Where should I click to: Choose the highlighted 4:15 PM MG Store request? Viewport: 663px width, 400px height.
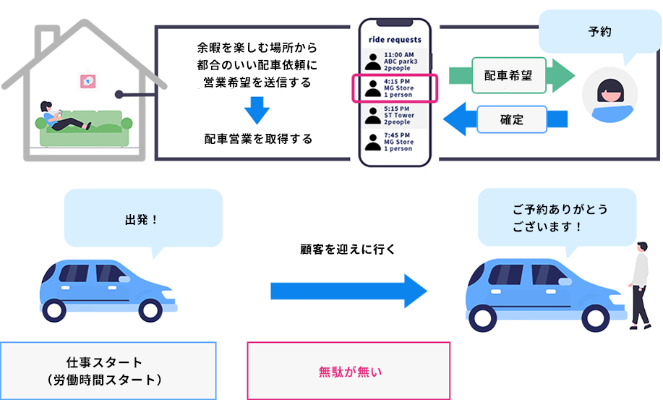coord(395,89)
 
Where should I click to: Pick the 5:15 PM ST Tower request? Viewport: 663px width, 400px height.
coord(395,116)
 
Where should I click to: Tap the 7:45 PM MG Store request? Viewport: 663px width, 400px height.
coord(395,142)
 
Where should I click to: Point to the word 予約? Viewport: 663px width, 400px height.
coord(601,33)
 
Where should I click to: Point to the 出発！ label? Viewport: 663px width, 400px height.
coord(142,218)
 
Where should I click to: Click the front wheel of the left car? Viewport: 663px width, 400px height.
coord(149,307)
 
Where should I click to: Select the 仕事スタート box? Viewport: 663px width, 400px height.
coord(108,370)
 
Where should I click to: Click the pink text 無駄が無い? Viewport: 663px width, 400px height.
coord(349,373)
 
